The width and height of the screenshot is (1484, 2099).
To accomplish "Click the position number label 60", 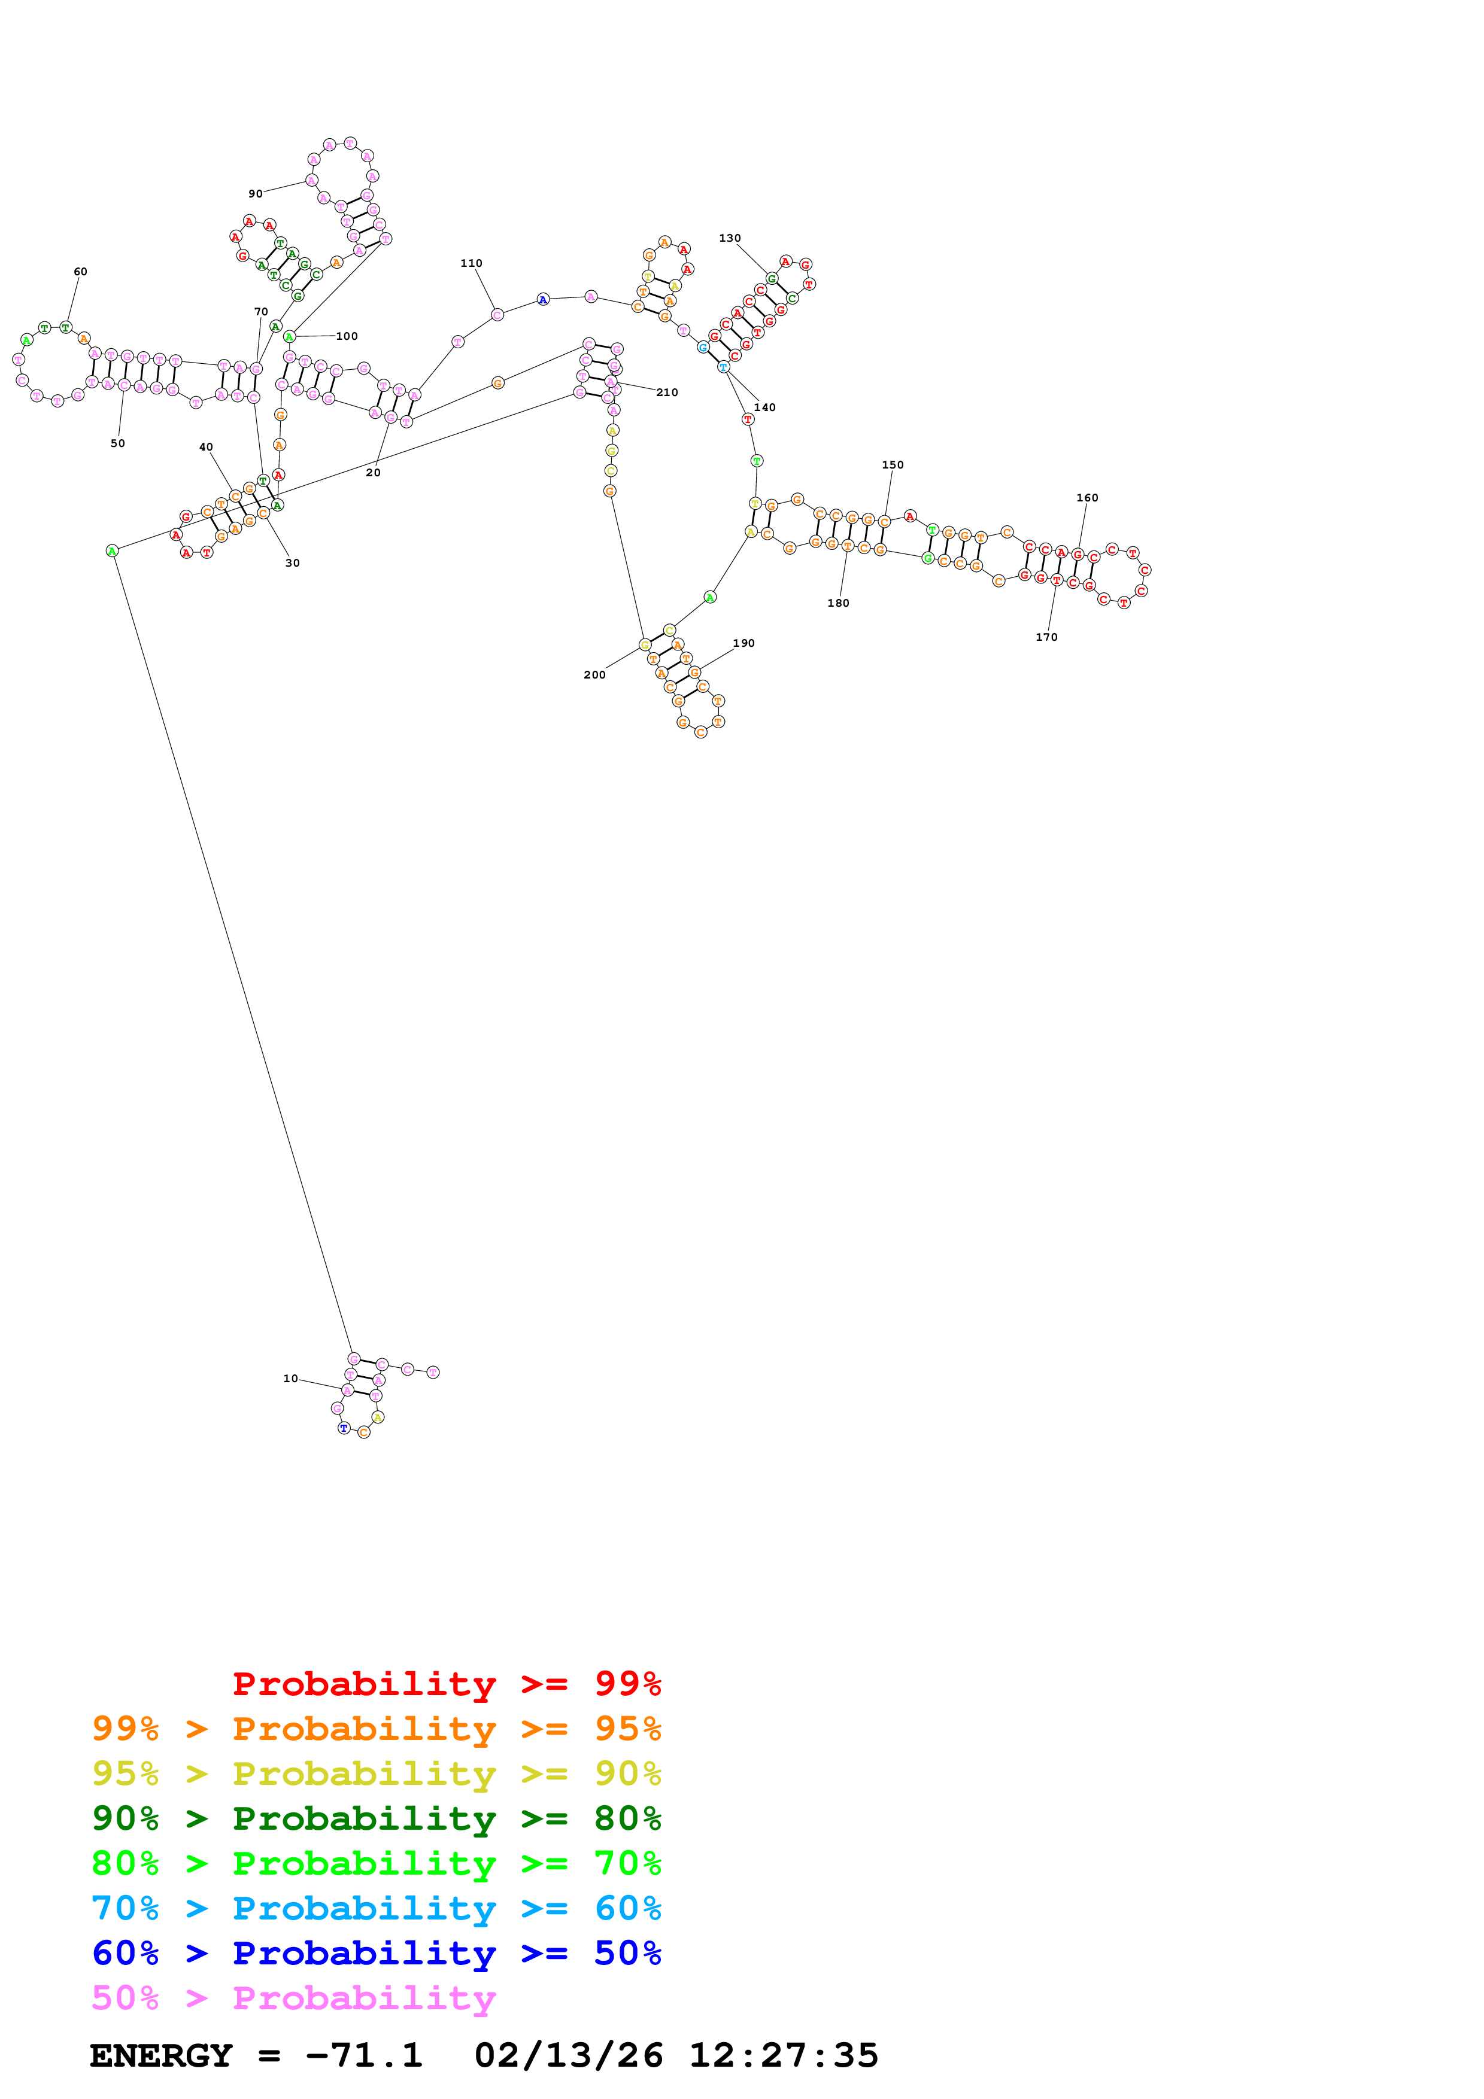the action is click(80, 272).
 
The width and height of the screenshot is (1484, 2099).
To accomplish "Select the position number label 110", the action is click(471, 263).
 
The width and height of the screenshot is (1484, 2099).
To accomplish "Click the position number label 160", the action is click(1087, 498).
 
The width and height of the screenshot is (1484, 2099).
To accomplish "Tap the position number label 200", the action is click(594, 675).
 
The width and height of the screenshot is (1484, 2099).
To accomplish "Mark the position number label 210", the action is click(667, 392).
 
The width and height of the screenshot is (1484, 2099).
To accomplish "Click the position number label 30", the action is click(293, 563).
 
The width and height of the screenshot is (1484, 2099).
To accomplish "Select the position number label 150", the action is click(893, 466).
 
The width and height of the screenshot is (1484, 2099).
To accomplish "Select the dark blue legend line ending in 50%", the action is click(376, 1953).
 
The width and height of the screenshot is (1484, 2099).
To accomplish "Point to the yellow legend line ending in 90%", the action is click(376, 1773).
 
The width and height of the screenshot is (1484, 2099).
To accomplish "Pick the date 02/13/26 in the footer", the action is click(568, 2055).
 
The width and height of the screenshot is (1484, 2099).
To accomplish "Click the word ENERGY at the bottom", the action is click(161, 2055).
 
